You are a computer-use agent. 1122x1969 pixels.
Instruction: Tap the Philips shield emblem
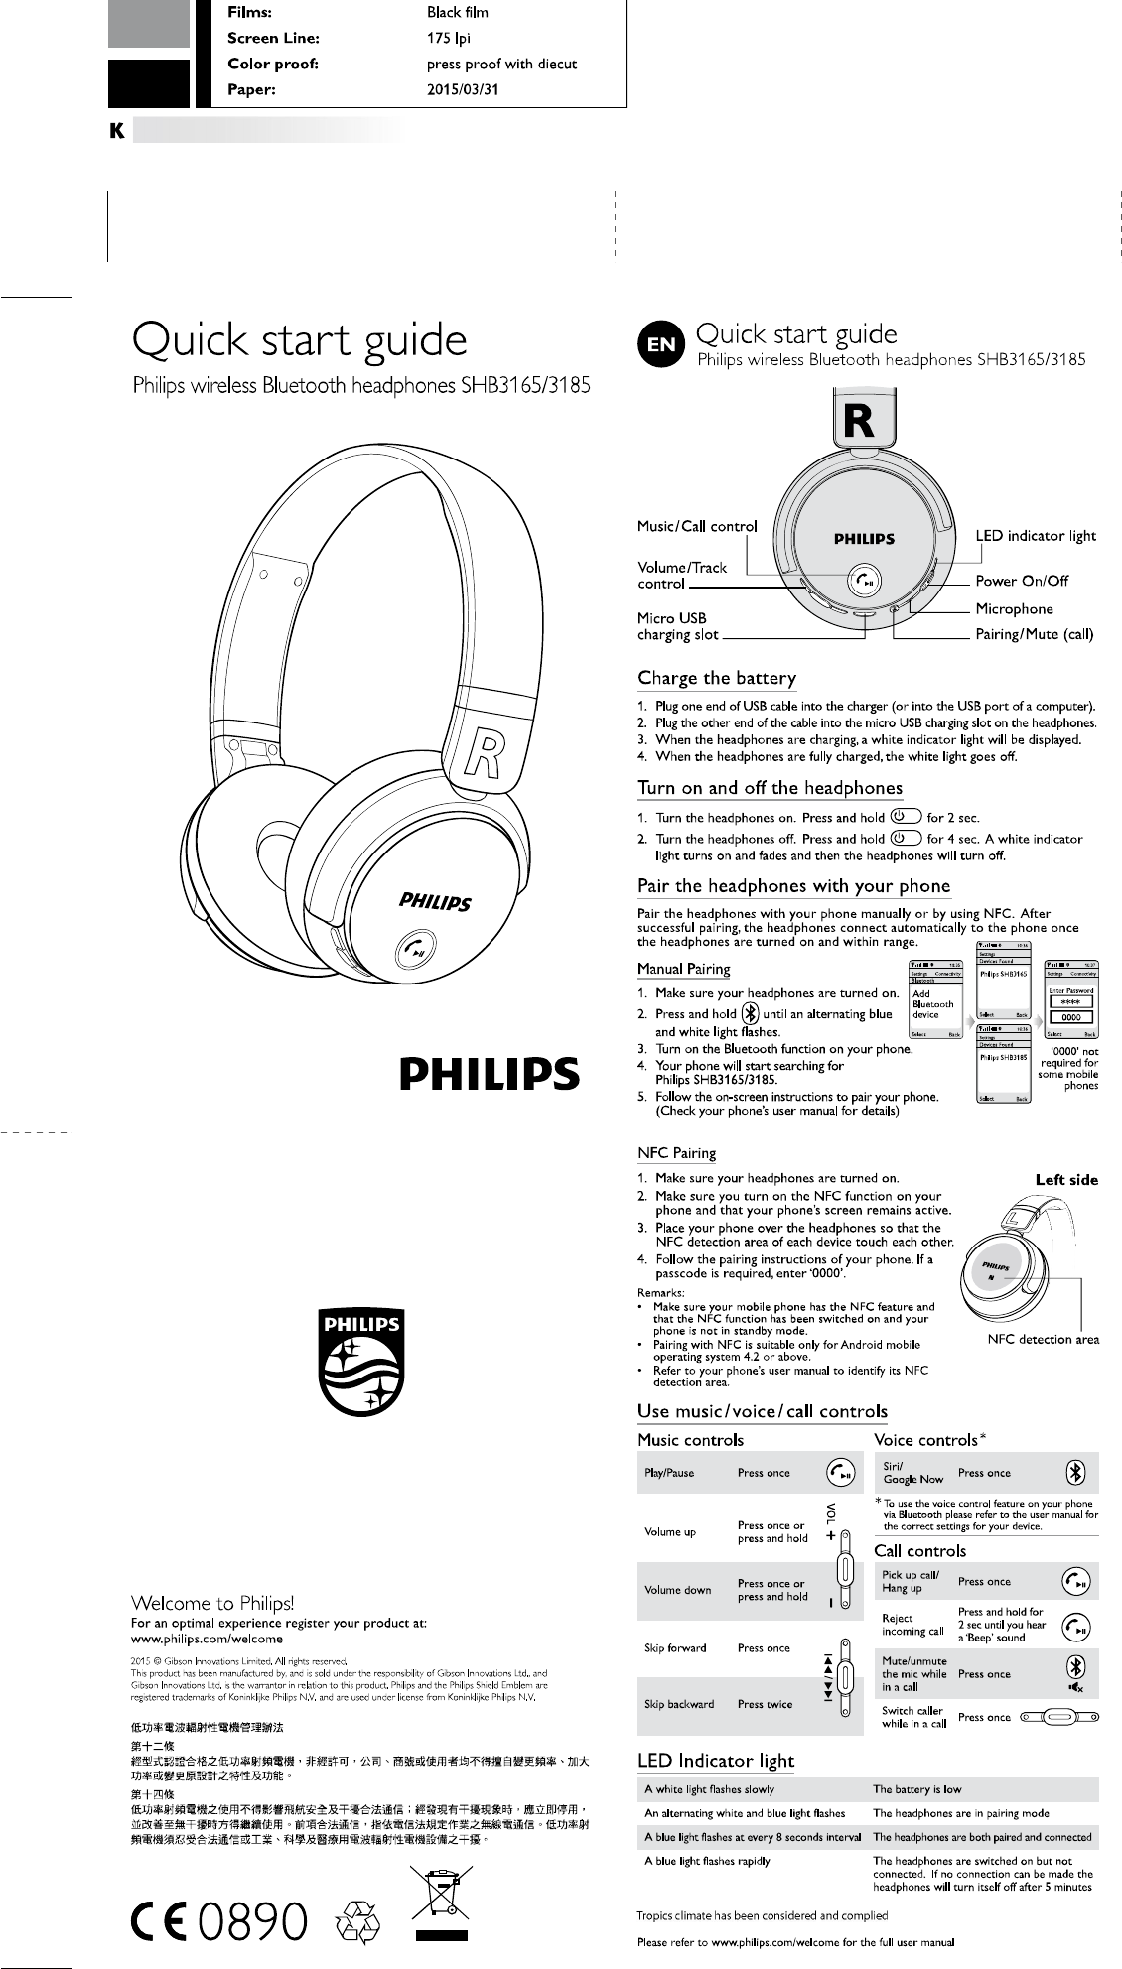pos(359,1363)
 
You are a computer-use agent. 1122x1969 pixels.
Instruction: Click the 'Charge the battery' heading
pos(716,679)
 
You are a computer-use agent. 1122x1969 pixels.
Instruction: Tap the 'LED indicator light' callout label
pos(1036,536)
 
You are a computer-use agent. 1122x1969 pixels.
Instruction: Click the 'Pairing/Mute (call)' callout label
pos(1034,634)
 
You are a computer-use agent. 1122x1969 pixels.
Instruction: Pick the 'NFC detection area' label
pos(1043,1339)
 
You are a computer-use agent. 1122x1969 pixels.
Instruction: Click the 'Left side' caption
pos(1066,1180)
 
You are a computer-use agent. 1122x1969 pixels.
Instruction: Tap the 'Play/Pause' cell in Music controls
pos(669,1473)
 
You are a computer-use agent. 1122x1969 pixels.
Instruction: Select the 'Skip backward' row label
pos(679,1704)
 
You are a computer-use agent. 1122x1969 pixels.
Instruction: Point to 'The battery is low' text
pos(916,1789)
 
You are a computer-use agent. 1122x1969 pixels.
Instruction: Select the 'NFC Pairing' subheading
pos(676,1153)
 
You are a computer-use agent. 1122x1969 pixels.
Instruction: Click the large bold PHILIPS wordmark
pos(490,1073)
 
